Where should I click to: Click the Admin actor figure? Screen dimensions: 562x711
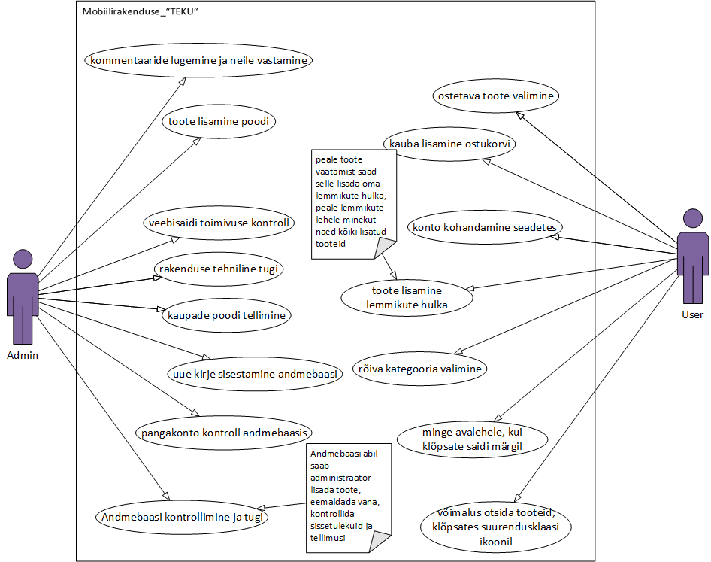pos(23,296)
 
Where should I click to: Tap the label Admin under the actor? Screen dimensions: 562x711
pos(23,355)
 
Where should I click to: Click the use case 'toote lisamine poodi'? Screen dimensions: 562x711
pos(218,121)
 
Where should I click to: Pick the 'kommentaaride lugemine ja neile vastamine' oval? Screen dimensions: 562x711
pos(197,60)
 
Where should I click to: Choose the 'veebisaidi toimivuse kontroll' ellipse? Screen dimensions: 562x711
pos(219,223)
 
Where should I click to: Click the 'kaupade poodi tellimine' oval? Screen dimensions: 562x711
pos(226,315)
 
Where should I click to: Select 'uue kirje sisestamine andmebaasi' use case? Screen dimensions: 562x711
pos(253,373)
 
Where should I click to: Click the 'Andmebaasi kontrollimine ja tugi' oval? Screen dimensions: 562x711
pos(183,517)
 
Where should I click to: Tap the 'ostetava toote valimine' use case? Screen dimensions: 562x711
pos(497,96)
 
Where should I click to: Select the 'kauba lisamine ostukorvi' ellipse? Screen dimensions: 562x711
pos(450,143)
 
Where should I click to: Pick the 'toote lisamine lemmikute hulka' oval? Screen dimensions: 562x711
pos(407,297)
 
